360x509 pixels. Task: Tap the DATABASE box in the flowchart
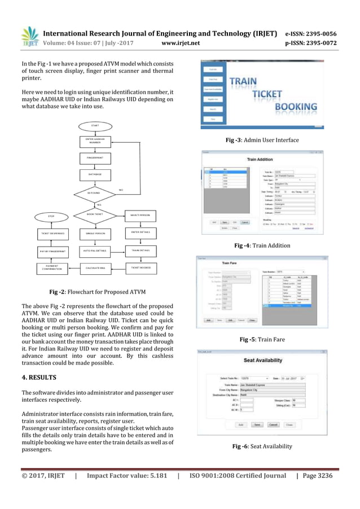click(x=94, y=176)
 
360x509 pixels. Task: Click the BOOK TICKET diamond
click(x=94, y=215)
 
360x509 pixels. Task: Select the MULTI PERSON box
click(x=140, y=215)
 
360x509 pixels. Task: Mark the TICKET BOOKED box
click(x=140, y=267)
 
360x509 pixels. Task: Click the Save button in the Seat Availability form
click(x=257, y=424)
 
